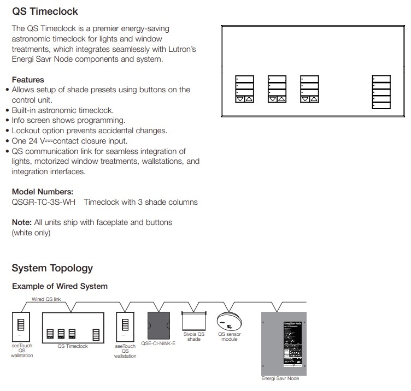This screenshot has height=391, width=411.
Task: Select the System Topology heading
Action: [x=52, y=268]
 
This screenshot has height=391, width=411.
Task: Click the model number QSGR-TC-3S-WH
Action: [x=44, y=202]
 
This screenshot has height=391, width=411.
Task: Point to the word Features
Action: [x=28, y=80]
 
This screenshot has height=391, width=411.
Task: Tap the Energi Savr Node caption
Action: [x=280, y=378]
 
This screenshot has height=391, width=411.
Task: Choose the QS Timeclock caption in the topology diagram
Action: [x=73, y=346]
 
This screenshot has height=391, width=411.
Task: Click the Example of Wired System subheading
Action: [x=60, y=286]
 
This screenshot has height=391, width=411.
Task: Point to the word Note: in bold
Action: [x=22, y=222]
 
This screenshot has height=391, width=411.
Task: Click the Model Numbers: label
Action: [x=43, y=192]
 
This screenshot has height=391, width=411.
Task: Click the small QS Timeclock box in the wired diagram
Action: [x=73, y=327]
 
